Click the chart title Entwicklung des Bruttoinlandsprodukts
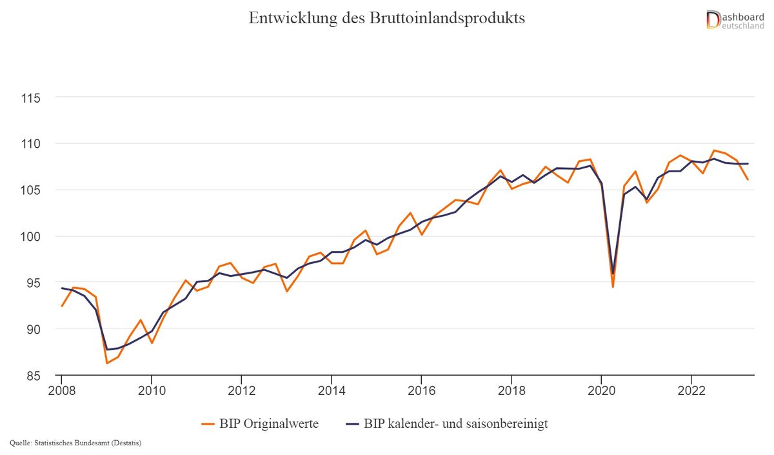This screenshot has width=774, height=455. tap(387, 18)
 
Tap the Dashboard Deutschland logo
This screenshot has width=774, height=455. tap(735, 19)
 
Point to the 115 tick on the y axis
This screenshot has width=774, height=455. tap(31, 98)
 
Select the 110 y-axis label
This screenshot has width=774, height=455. tap(31, 143)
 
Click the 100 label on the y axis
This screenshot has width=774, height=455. tap(31, 236)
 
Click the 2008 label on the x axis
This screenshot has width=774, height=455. tap(61, 391)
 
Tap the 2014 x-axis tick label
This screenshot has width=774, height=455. tap(331, 391)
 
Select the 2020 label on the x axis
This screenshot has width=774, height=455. tap(601, 391)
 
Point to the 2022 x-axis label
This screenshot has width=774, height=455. tap(691, 391)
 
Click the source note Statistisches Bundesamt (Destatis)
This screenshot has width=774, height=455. tap(76, 443)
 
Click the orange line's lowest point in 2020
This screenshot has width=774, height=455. tap(612, 287)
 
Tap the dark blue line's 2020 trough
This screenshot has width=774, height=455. tap(613, 274)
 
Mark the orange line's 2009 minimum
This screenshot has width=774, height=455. tap(106, 363)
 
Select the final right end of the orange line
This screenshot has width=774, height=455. tap(748, 179)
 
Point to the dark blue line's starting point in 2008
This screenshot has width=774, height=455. tap(61, 288)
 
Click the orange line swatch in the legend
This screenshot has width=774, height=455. tap(208, 424)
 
